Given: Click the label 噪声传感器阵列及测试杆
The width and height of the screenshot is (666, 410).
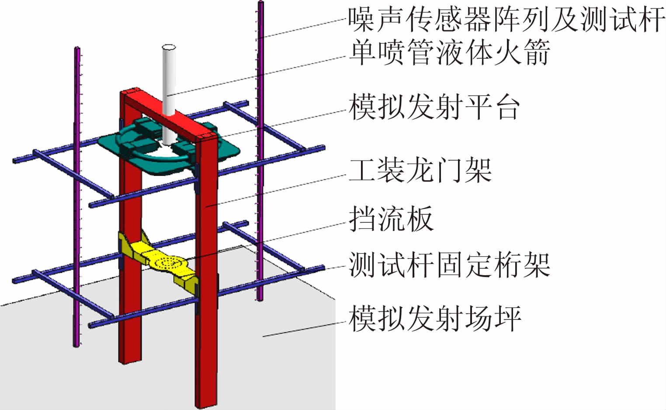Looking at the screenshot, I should [506, 19].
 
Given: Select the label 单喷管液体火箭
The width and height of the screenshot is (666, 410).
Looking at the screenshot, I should [449, 52].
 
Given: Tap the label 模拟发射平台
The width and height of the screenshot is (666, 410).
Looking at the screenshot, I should [434, 107].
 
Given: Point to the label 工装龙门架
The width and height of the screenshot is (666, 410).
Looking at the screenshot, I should [420, 170].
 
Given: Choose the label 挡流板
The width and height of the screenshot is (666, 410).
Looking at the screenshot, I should [391, 218].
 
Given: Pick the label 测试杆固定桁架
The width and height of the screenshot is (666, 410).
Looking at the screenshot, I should [449, 265].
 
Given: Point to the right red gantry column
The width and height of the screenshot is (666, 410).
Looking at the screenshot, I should [205, 263].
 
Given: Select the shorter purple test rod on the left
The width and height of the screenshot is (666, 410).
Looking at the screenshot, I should [77, 197].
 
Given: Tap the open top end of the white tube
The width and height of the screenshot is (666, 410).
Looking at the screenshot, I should [169, 47].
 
